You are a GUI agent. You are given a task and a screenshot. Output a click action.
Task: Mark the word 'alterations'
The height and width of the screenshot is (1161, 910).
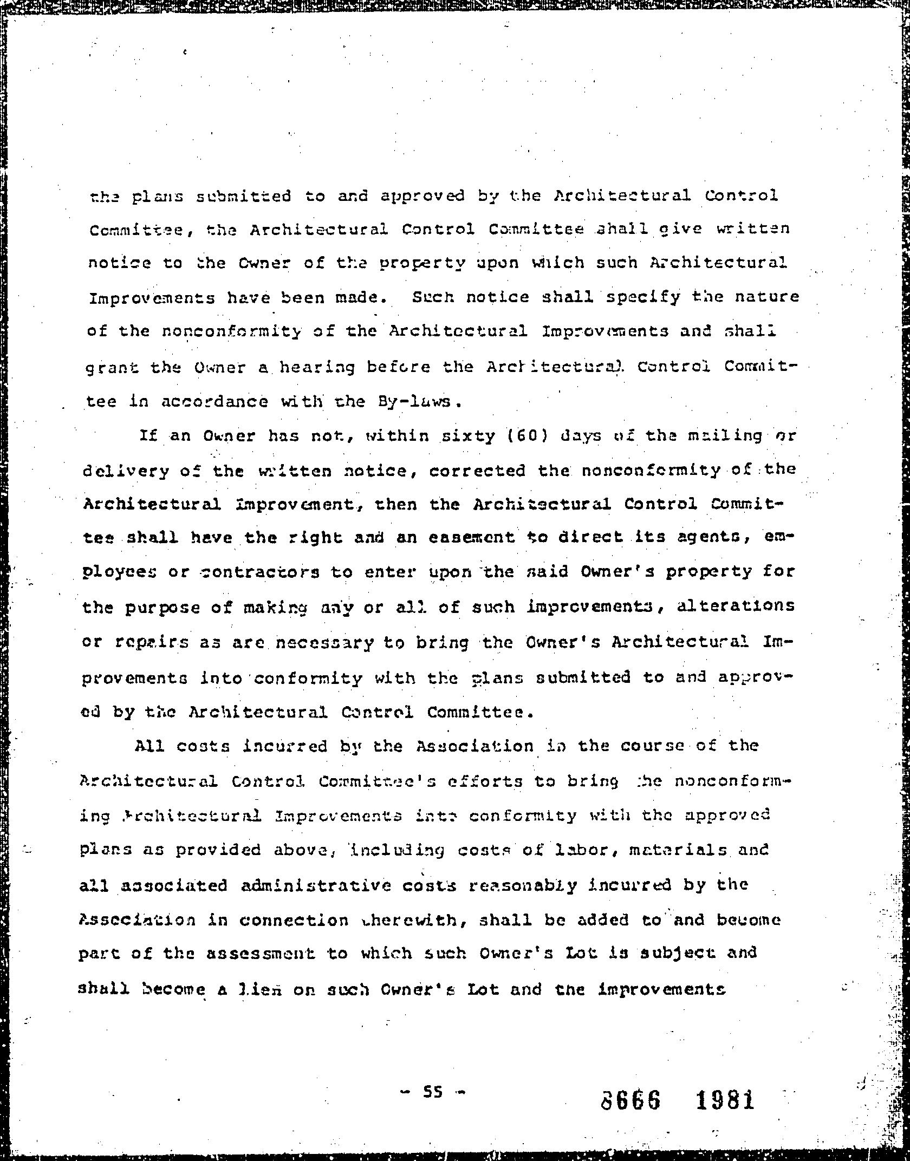pos(728,605)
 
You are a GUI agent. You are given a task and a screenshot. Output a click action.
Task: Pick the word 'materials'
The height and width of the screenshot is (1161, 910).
pos(678,850)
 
